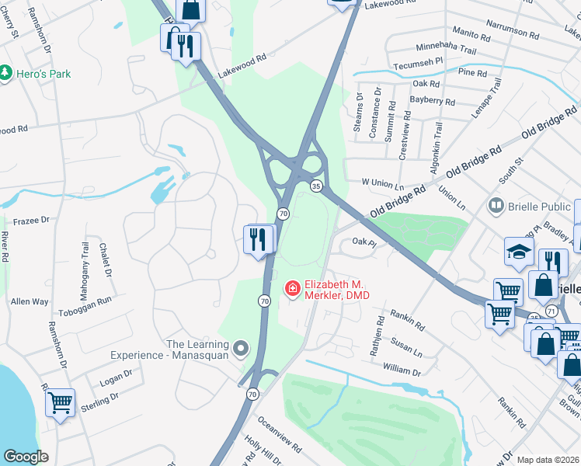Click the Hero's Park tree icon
click(x=6, y=73)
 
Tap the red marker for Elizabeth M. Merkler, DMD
click(x=293, y=289)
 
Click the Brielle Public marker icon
click(x=495, y=206)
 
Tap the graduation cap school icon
click(x=519, y=251)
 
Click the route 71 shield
click(x=551, y=311)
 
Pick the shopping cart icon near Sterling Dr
click(x=60, y=403)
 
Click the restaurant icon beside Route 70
click(x=259, y=238)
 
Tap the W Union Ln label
click(x=383, y=185)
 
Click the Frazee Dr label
click(x=31, y=221)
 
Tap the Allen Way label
click(x=30, y=301)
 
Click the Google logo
click(x=26, y=457)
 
